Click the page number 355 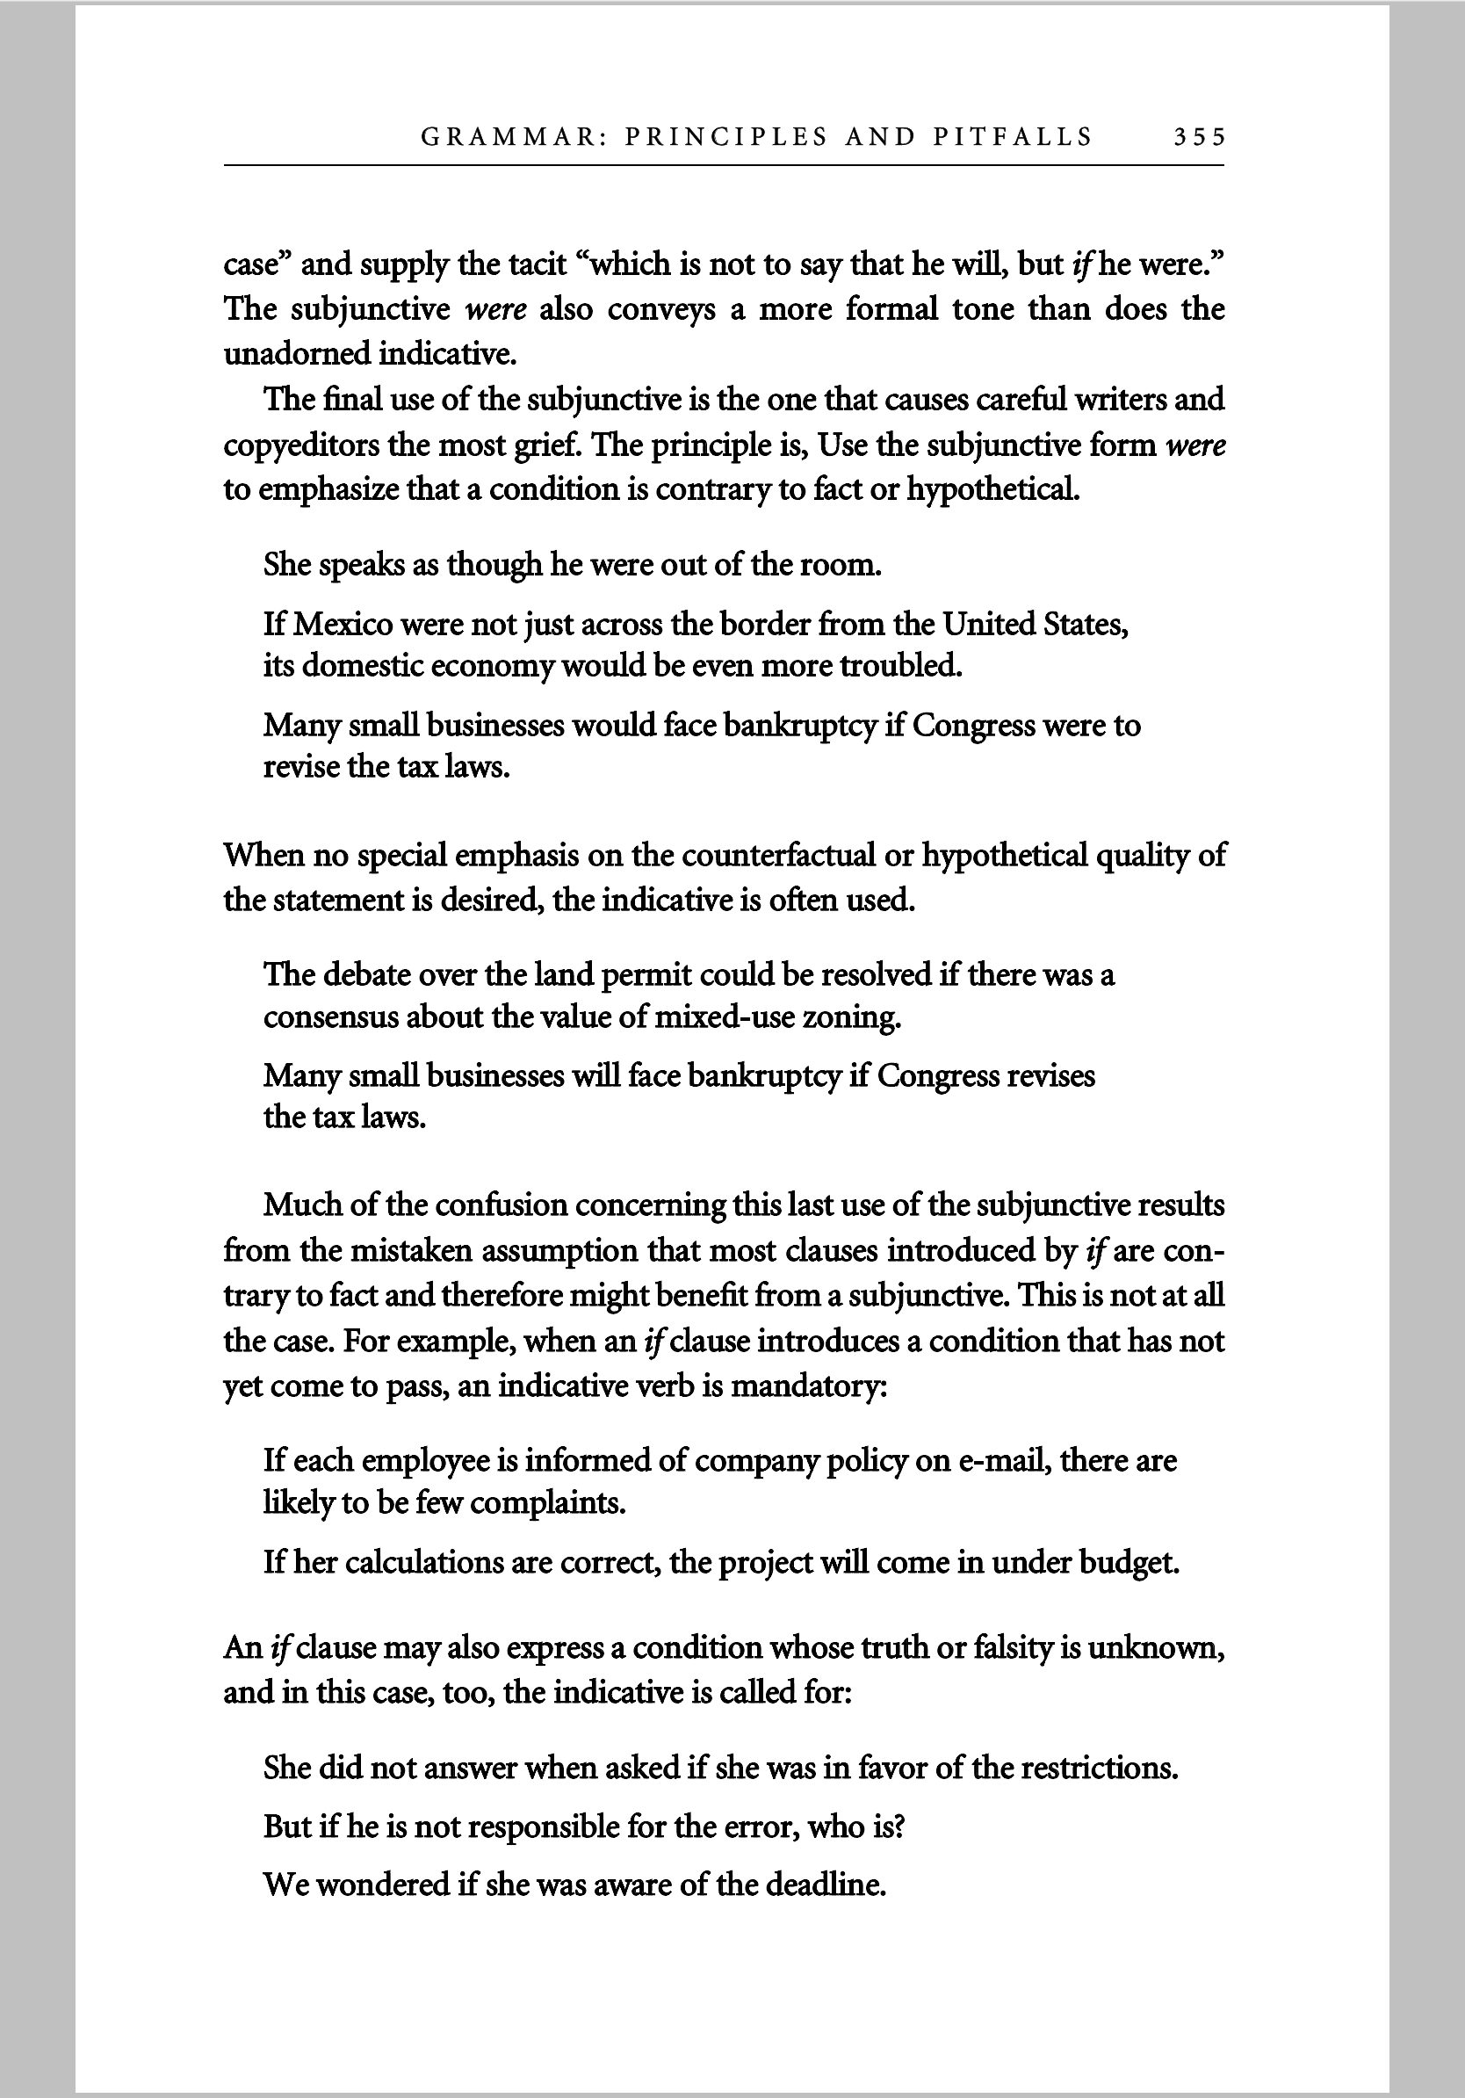[x=1198, y=137]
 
